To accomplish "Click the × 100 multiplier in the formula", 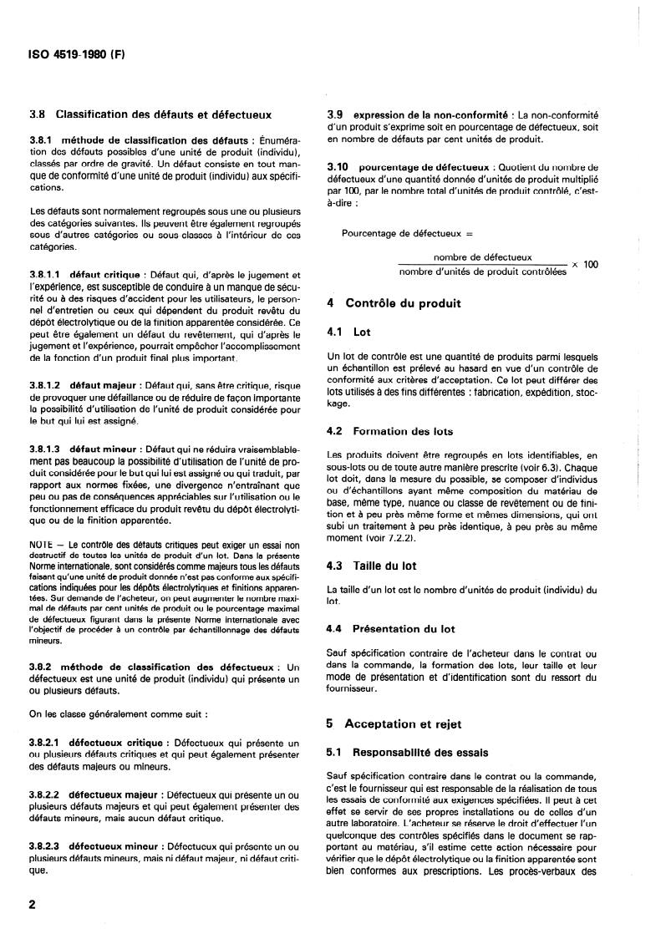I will (x=585, y=264).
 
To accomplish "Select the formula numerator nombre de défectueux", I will (x=483, y=257).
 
